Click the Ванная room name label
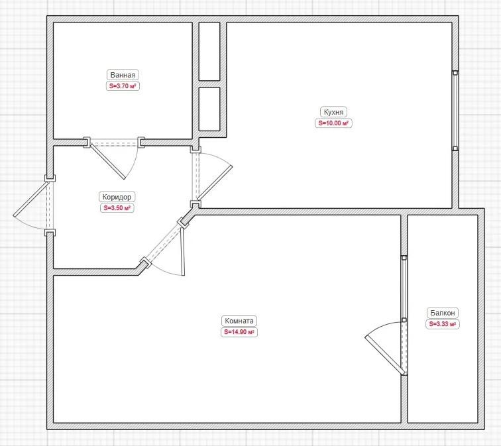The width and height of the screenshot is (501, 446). click(123, 75)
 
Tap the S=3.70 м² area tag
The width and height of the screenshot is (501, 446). click(123, 86)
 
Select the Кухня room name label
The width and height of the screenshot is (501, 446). click(333, 112)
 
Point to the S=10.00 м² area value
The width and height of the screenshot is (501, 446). click(333, 123)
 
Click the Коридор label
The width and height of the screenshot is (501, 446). click(117, 197)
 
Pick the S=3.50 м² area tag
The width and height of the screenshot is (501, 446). click(117, 208)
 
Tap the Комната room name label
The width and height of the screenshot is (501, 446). click(239, 321)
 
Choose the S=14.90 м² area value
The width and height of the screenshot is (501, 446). click(239, 332)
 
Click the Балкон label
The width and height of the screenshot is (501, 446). click(443, 313)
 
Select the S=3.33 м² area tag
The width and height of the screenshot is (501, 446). click(443, 324)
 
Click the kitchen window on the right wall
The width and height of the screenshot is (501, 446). click(455, 111)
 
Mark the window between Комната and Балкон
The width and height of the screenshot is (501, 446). click(404, 288)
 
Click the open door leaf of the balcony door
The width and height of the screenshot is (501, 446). click(385, 355)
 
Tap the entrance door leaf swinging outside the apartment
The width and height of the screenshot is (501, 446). click(31, 199)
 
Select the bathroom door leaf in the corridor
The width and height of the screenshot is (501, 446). click(108, 161)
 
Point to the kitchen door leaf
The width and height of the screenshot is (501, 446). click(215, 183)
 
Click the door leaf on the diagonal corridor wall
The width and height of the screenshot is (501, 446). click(182, 251)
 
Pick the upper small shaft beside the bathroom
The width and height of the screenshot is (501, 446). click(209, 51)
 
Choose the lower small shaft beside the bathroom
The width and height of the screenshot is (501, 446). click(209, 109)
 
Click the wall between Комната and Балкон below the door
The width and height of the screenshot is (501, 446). click(404, 399)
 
